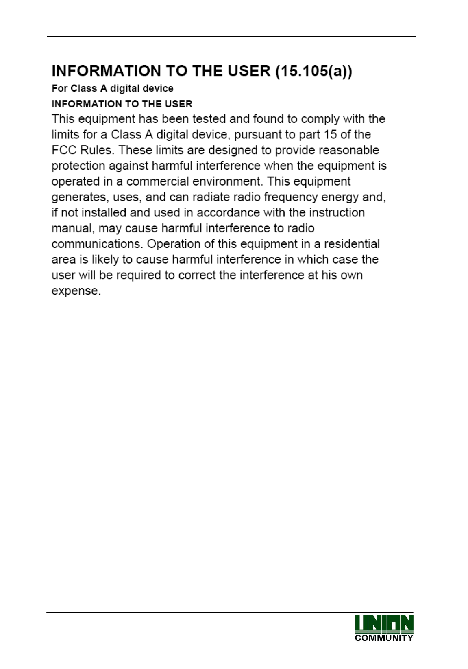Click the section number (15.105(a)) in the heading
(314, 71)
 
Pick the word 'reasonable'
(348, 150)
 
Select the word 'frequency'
(290, 197)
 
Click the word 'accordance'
(228, 213)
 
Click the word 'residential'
(352, 244)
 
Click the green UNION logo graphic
(384, 624)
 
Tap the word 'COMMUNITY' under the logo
(384, 638)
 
